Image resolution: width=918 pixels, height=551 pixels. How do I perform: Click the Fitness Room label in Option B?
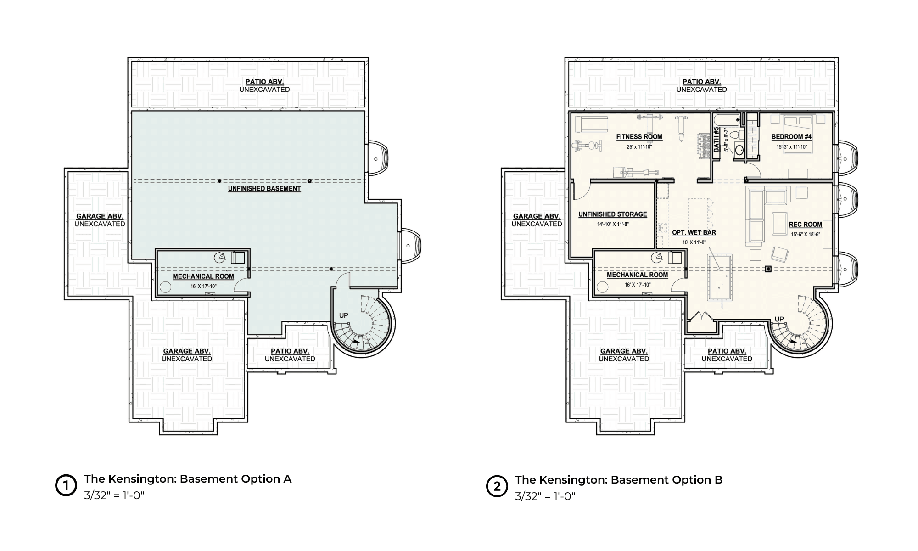(639, 136)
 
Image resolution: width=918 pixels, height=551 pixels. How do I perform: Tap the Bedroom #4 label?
(791, 136)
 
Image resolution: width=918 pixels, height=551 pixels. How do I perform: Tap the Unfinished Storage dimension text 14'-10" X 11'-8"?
(613, 225)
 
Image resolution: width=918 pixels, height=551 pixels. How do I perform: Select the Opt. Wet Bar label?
(694, 232)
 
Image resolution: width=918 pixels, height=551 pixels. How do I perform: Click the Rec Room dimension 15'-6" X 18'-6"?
(806, 234)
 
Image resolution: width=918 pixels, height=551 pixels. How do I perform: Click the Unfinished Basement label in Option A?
(264, 189)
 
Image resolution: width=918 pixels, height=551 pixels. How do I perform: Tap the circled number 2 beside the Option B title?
(497, 486)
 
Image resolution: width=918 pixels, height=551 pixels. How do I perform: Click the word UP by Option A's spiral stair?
(343, 315)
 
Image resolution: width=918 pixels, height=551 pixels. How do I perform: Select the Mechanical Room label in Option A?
(203, 276)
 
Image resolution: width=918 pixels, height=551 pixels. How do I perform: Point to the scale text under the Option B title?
(545, 496)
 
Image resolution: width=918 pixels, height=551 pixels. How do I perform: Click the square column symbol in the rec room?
(767, 269)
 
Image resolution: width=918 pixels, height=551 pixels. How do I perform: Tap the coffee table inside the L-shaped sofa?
(779, 223)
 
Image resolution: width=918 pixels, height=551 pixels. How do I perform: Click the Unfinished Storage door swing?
(579, 191)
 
